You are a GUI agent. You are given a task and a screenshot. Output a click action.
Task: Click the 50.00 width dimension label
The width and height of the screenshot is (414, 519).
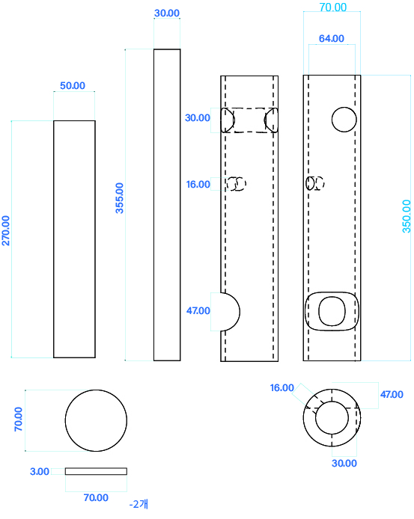click(x=73, y=85)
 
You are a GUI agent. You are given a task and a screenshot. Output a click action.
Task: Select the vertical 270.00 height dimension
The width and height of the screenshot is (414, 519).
click(x=6, y=230)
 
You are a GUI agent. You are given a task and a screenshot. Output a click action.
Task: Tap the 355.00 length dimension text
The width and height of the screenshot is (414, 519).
click(x=119, y=198)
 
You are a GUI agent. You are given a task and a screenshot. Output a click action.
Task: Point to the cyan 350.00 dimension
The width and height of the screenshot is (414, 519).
click(x=407, y=216)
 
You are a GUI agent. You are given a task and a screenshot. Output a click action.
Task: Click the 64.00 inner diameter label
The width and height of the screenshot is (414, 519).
click(x=332, y=38)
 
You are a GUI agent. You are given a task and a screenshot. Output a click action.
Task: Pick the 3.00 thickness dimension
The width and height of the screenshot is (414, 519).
click(x=40, y=471)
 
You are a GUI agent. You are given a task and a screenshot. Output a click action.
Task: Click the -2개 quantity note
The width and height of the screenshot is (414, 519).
click(x=138, y=504)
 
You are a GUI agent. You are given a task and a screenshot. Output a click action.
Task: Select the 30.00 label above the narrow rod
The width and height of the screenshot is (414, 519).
click(x=167, y=13)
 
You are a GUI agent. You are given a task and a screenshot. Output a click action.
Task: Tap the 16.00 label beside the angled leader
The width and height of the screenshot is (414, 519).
click(x=281, y=387)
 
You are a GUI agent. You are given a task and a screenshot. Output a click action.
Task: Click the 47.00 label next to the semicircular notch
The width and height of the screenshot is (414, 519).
click(x=198, y=310)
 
